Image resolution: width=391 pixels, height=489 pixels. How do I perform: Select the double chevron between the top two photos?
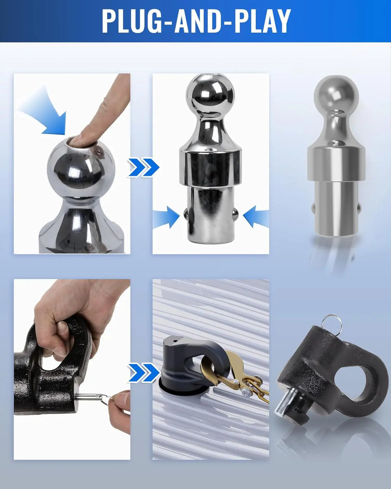click(144, 167)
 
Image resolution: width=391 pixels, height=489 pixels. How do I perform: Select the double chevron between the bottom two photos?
click(144, 372)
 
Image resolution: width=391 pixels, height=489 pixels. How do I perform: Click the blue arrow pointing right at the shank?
click(166, 217)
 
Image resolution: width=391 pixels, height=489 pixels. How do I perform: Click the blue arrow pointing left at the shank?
click(256, 216)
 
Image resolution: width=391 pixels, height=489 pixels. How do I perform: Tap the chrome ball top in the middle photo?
click(210, 96)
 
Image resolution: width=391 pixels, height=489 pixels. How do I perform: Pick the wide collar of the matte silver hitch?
click(336, 163)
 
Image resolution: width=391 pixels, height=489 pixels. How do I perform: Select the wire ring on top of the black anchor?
click(332, 324)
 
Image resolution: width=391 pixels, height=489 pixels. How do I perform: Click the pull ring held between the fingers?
click(106, 398)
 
